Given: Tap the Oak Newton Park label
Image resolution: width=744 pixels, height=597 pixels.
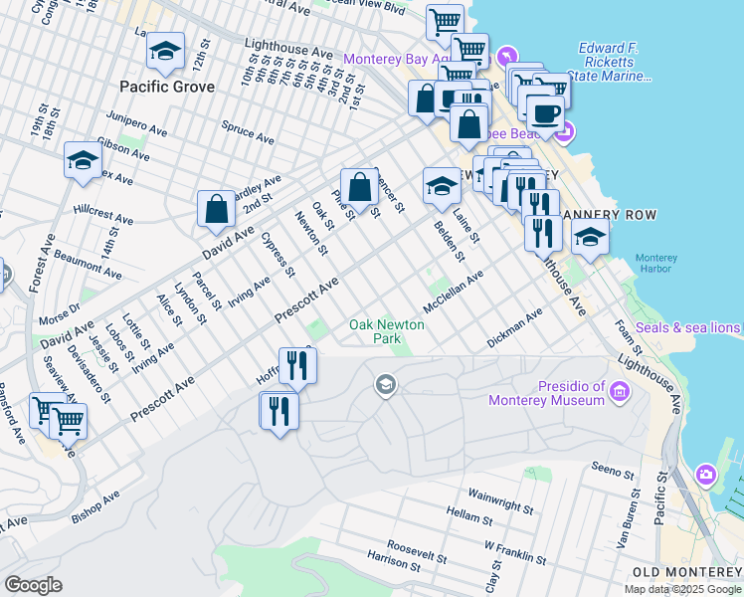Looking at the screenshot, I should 387,332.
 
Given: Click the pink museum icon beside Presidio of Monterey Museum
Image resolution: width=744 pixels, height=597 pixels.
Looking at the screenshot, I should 620,394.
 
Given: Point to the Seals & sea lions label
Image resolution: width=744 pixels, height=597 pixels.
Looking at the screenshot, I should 688,327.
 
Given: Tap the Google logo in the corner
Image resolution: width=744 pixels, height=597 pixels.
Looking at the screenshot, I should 34,585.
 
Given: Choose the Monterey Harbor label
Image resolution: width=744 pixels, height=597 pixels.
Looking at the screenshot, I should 655,263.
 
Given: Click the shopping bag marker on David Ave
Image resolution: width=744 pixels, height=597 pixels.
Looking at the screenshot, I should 216,210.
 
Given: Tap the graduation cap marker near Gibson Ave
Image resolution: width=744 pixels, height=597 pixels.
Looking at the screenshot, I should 84,160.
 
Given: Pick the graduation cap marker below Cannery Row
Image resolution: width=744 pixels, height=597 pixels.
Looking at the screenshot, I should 590,238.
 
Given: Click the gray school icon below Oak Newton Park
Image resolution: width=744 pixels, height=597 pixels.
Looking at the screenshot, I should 386,384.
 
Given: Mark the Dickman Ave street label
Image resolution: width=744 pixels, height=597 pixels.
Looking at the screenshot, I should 514,328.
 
